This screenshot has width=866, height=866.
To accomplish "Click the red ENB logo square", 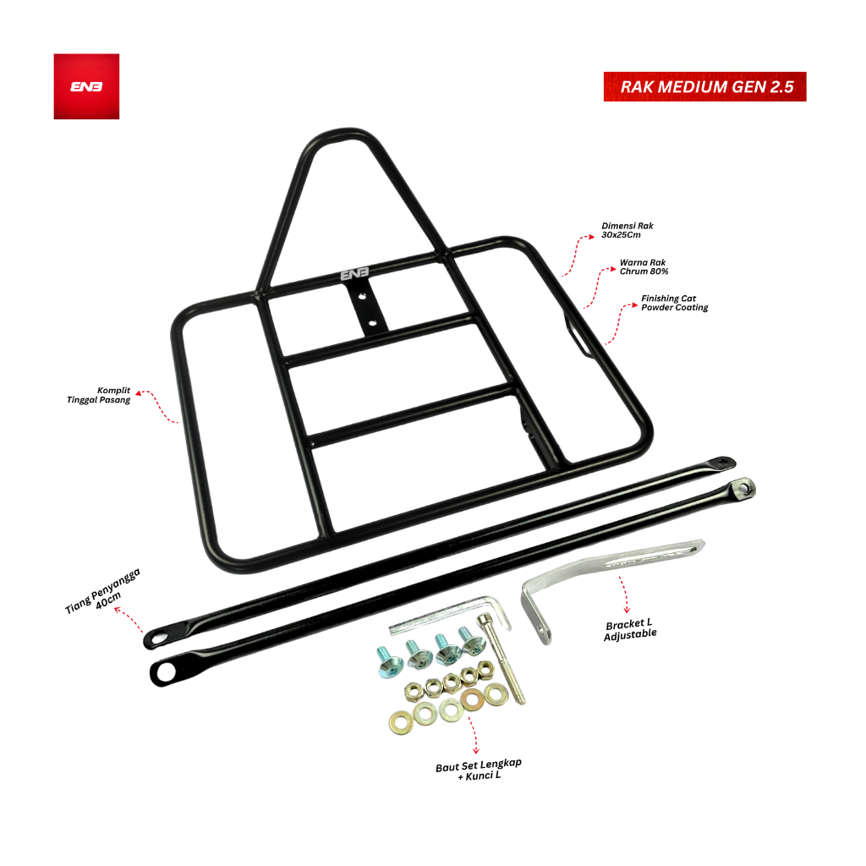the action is tap(86, 86).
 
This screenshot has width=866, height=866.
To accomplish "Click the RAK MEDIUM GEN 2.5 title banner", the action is tap(704, 87).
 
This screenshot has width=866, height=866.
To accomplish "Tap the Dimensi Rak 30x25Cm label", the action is tap(627, 230).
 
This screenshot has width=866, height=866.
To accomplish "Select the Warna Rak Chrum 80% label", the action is tap(644, 266).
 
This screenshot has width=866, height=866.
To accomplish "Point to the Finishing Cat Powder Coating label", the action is tap(674, 303).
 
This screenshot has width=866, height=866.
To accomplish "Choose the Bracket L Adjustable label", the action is tap(630, 629).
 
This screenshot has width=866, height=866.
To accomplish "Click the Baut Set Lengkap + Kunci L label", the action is tap(479, 770).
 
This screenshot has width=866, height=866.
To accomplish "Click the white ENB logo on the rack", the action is tap(354, 273).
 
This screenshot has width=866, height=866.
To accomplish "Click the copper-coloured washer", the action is tap(472, 699).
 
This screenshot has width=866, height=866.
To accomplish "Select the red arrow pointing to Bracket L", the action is tap(624, 595).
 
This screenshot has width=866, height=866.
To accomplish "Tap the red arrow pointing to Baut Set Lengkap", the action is tap(474, 736).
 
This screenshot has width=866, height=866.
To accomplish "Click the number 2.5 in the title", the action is tap(781, 87).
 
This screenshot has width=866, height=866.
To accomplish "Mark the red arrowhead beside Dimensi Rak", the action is tap(591, 237).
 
